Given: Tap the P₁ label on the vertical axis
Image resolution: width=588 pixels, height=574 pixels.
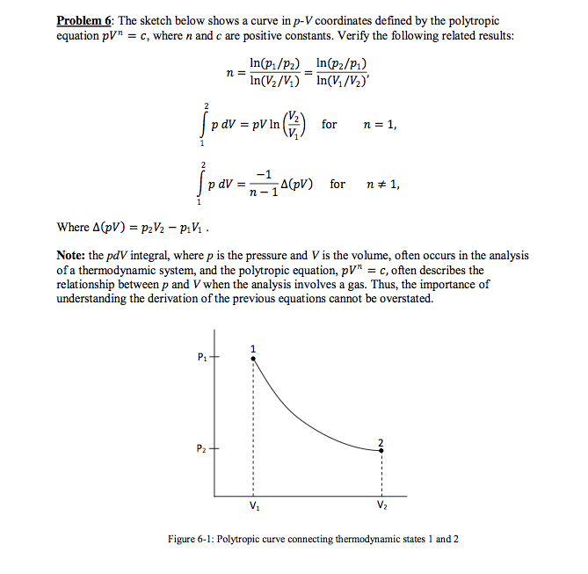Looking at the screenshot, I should tap(202, 357).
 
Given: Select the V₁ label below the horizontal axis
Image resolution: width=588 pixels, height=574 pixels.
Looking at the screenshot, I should tap(253, 507).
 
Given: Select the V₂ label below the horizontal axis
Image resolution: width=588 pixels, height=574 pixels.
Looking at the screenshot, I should tap(381, 507).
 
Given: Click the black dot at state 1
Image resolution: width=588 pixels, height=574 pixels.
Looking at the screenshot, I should tap(253, 358).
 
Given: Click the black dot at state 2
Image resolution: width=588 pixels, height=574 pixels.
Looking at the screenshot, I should tap(381, 449).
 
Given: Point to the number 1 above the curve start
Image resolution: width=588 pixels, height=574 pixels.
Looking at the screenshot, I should tap(253, 347).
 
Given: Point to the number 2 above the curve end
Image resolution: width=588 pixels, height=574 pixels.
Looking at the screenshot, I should tap(381, 440).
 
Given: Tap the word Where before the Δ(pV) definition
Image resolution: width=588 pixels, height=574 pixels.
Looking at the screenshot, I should tap(72, 228).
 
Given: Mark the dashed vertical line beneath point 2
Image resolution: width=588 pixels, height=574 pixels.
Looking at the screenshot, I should tap(381, 475).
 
